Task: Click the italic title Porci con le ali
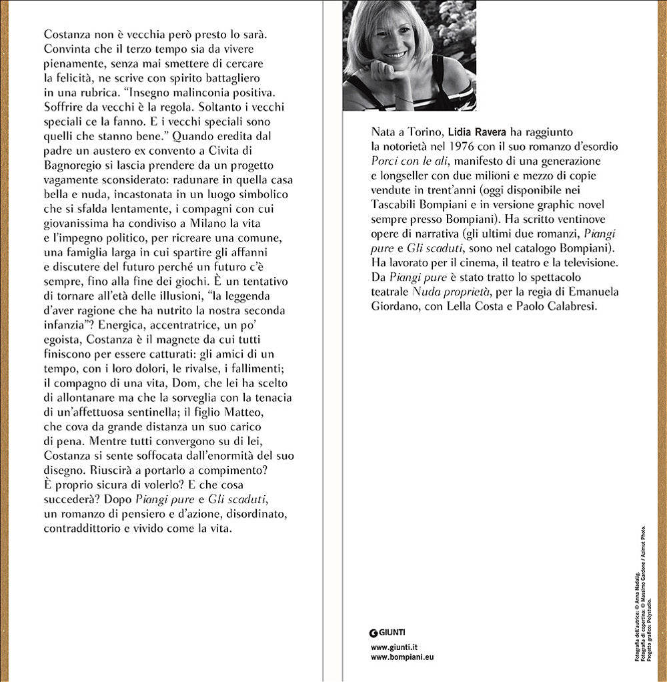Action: click(408, 161)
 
